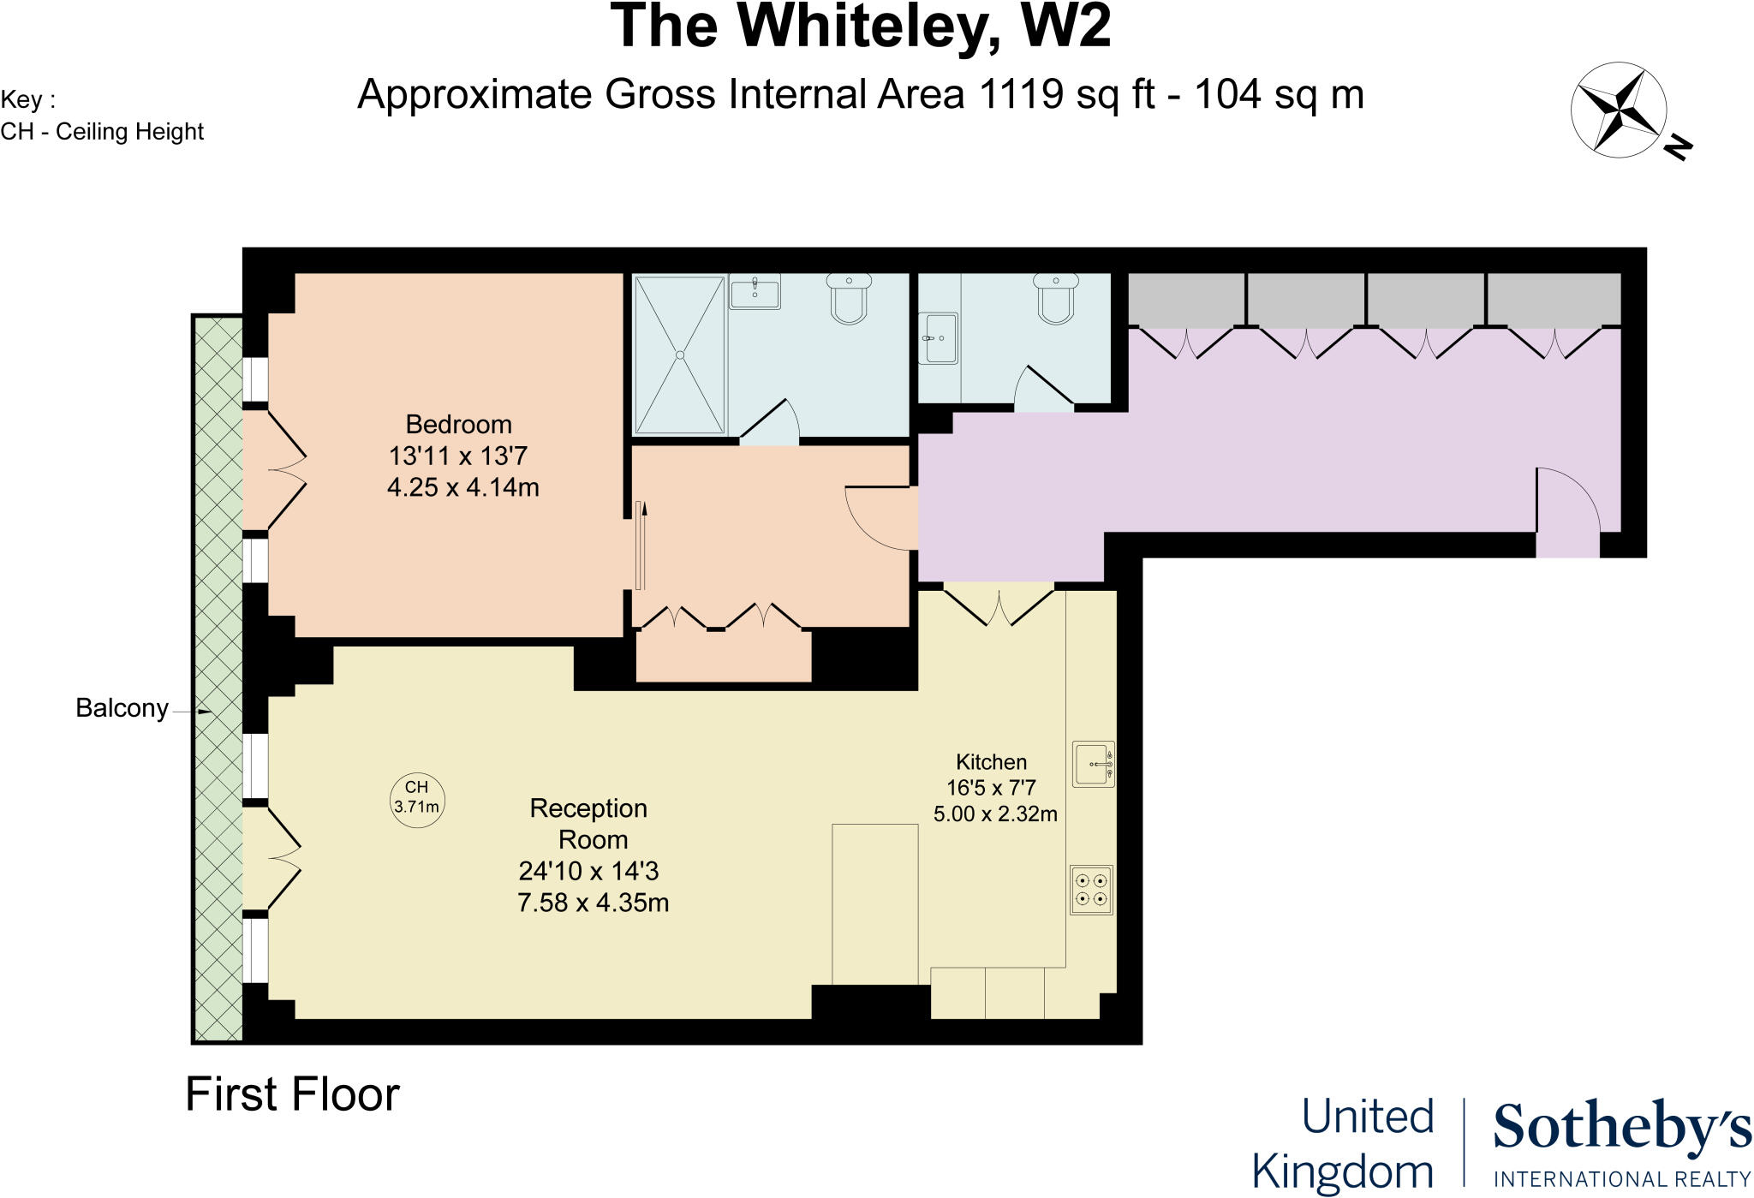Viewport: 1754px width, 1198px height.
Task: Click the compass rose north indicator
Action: point(1618,110)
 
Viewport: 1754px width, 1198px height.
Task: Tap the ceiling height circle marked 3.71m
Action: point(417,798)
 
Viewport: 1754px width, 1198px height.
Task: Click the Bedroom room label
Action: point(458,425)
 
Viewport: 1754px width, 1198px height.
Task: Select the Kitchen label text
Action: point(991,762)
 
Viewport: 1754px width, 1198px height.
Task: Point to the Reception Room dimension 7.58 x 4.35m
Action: point(593,903)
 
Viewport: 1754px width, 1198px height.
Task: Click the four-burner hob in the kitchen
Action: point(1091,890)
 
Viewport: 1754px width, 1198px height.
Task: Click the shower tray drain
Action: point(680,355)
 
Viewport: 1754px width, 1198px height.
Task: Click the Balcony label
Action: point(122,708)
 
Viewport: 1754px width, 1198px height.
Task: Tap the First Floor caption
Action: point(292,1094)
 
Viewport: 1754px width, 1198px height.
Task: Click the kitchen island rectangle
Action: point(874,903)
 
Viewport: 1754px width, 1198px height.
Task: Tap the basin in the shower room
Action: point(755,291)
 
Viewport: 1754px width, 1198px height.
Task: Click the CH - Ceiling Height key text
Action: point(102,132)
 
